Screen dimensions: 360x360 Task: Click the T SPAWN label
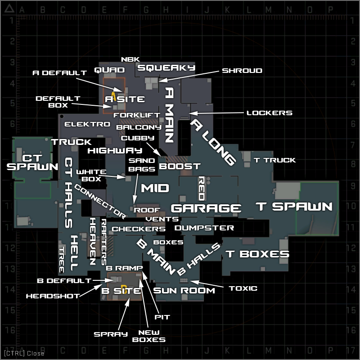tap(294, 207)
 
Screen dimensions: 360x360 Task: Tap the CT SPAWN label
tap(32, 162)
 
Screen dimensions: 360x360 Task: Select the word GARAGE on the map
tap(206, 208)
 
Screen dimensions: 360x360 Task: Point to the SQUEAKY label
tap(166, 67)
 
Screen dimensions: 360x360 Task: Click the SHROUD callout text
tap(242, 71)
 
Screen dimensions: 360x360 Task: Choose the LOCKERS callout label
tap(270, 113)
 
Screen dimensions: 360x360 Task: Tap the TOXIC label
tap(243, 288)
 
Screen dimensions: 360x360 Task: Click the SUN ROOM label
tap(184, 290)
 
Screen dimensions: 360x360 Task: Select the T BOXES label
tap(257, 254)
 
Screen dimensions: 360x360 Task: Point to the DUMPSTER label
tap(204, 228)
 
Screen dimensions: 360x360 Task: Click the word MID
tap(155, 188)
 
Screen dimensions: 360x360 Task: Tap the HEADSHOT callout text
tap(53, 296)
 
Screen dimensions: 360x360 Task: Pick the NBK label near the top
tap(130, 59)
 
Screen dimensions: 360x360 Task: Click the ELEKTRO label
tap(87, 124)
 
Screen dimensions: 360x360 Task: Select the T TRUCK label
tap(274, 160)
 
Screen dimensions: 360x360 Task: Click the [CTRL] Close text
tap(24, 353)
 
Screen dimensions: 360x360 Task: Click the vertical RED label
tap(201, 189)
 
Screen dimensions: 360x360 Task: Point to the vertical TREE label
tap(61, 260)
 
